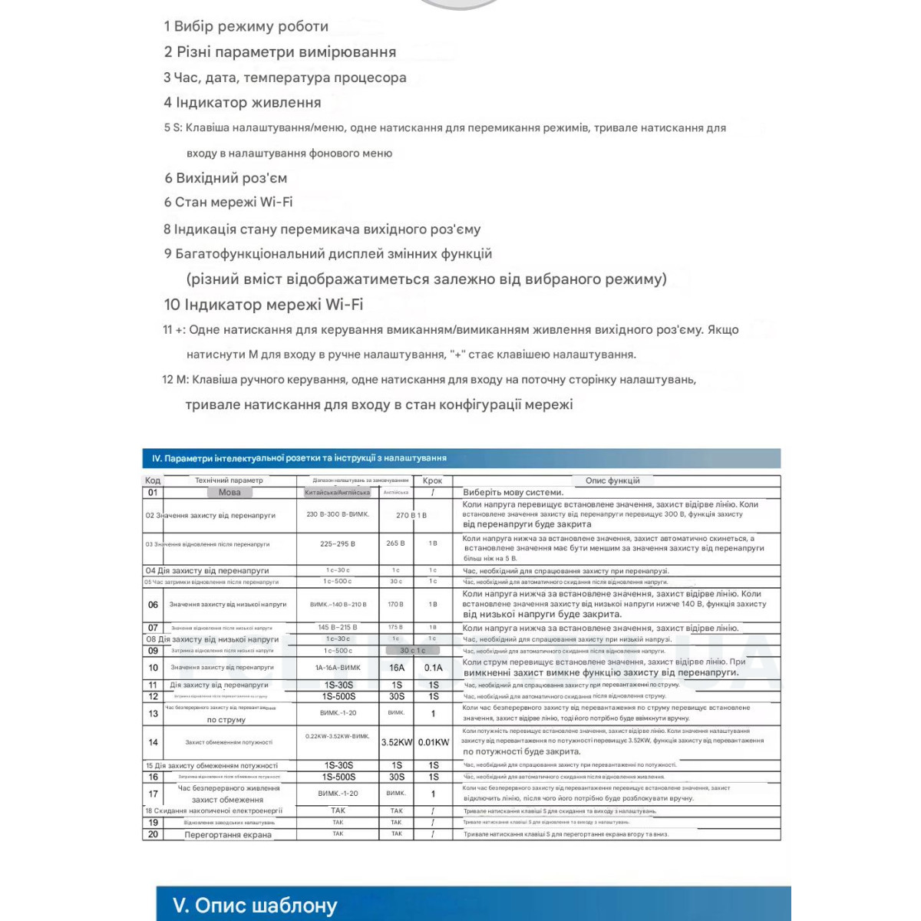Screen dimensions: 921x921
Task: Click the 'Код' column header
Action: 153,480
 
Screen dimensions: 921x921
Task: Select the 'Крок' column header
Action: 432,480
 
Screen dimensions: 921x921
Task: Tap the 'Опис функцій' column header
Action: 612,480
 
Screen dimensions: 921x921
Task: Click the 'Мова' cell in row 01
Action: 229,493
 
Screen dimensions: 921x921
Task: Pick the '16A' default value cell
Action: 396,668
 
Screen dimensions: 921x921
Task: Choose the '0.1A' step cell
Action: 434,668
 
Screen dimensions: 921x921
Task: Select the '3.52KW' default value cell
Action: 396,742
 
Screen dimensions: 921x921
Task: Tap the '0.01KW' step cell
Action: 434,742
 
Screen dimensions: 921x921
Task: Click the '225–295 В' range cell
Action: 338,543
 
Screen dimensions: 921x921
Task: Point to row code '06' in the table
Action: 153,605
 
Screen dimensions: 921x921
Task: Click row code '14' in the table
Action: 153,742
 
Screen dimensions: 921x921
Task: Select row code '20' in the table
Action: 153,834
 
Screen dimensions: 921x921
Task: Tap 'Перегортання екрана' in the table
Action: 228,835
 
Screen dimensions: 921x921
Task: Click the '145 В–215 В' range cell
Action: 338,628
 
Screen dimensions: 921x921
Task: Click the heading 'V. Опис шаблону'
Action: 255,906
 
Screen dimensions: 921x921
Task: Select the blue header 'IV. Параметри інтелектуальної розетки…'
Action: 299,458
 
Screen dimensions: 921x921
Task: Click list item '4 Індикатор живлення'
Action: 243,103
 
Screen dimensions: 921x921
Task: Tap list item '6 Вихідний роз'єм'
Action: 226,178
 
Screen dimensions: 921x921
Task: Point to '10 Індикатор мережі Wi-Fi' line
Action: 263,305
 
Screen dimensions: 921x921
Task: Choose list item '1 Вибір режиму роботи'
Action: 246,26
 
